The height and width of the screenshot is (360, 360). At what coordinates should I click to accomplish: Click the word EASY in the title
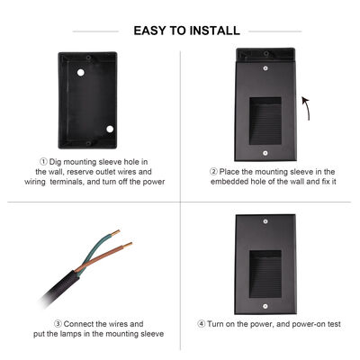[x=152, y=31]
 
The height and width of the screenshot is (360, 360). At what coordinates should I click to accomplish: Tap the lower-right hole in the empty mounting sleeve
[x=111, y=127]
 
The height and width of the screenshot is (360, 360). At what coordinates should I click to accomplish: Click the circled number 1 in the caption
[x=32, y=160]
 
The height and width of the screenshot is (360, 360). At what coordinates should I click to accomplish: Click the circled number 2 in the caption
[x=213, y=170]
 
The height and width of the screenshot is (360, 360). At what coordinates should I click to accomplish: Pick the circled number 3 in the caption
[x=58, y=323]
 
